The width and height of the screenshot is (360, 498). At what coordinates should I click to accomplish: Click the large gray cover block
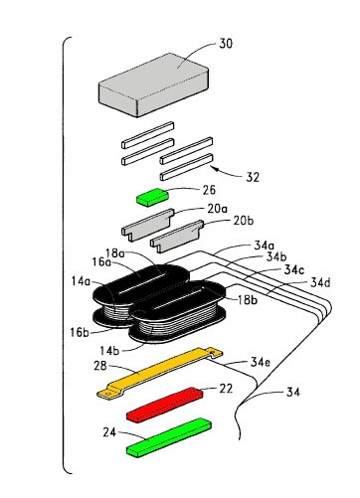pyautogui.click(x=154, y=84)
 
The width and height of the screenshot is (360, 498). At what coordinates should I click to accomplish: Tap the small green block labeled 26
pyautogui.click(x=153, y=197)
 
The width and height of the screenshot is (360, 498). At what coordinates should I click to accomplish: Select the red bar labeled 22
pyautogui.click(x=165, y=405)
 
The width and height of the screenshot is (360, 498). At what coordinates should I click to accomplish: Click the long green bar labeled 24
pyautogui.click(x=169, y=437)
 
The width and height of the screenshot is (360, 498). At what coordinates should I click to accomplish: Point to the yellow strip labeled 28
pyautogui.click(x=159, y=372)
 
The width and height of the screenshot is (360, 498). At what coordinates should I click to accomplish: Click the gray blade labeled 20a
pyautogui.click(x=148, y=224)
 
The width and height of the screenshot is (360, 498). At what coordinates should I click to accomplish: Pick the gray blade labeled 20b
pyautogui.click(x=177, y=236)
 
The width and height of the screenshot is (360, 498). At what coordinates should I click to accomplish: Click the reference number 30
pyautogui.click(x=226, y=44)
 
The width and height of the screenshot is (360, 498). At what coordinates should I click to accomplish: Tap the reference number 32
pyautogui.click(x=253, y=177)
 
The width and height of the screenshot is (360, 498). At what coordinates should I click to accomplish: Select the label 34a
pyautogui.click(x=265, y=246)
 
